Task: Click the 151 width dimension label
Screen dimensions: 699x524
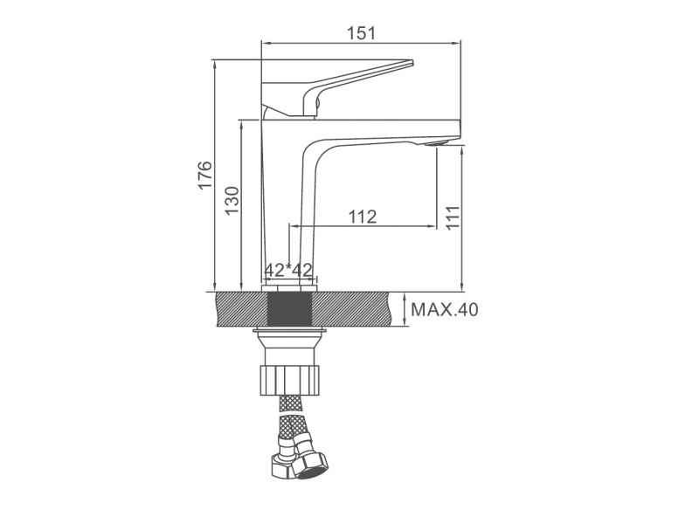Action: pos(361,33)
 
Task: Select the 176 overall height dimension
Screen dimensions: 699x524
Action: pos(205,176)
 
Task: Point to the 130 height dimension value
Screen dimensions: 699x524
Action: pos(232,200)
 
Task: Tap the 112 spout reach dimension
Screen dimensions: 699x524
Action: pos(363,217)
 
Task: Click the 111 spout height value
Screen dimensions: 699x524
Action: pos(453,217)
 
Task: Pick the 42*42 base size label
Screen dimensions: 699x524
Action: pos(288,270)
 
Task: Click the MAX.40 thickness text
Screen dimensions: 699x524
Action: pos(444,309)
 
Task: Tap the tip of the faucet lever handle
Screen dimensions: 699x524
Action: pos(412,62)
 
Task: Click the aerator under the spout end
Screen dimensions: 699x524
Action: pos(437,143)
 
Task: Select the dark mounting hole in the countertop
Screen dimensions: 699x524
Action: pos(289,309)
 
